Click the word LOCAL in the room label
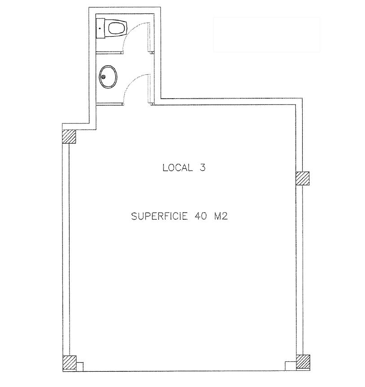[177, 168]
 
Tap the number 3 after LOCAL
[202, 168]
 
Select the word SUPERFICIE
[159, 216]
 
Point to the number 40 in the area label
[201, 216]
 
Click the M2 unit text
[221, 216]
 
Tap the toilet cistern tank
[100, 28]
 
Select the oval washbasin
[108, 77]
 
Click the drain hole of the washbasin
[103, 77]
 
